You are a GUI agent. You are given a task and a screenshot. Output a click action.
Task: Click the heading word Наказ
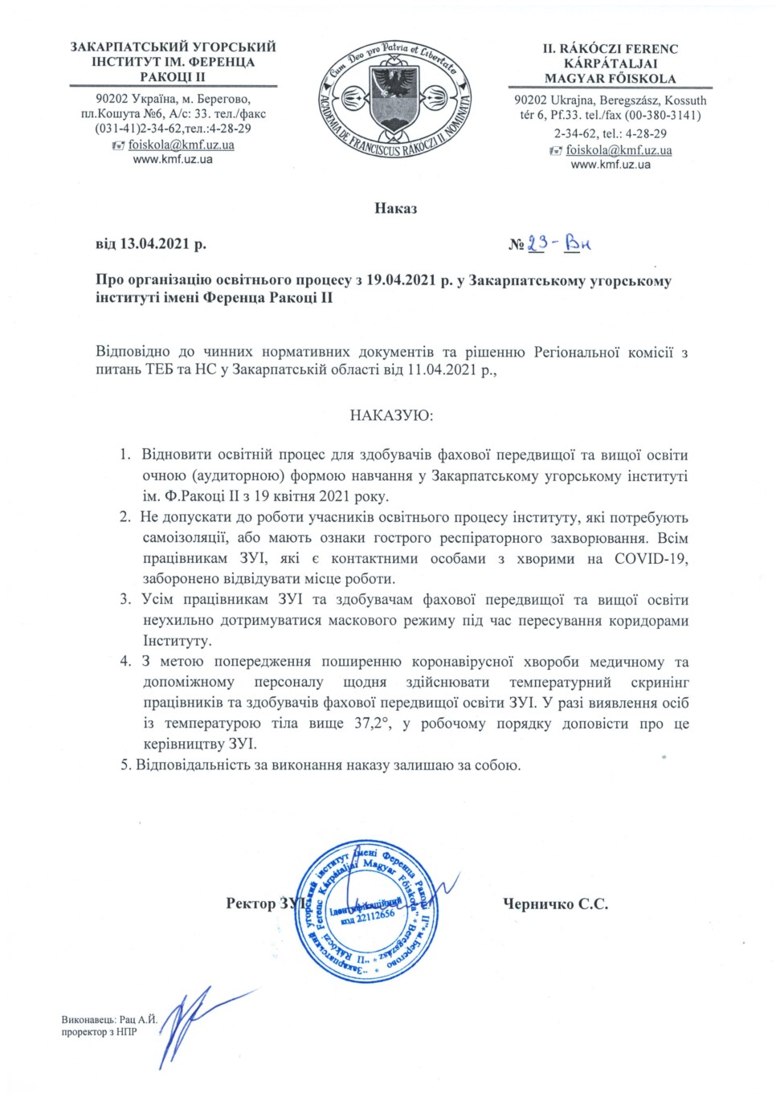[x=395, y=209]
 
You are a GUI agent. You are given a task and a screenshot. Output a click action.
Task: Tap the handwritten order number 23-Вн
[x=560, y=243]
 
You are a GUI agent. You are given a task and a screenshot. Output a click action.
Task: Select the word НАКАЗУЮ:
[x=391, y=416]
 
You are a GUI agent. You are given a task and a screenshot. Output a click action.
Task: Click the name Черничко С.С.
[x=555, y=904]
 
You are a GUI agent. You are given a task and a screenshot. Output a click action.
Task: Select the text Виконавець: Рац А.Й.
[x=109, y=1020]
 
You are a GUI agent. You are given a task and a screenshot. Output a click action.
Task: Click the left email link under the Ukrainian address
[x=181, y=145]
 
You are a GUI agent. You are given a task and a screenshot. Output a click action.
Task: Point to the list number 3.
[x=125, y=600]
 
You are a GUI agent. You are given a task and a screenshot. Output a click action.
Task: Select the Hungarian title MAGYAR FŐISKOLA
[x=610, y=79]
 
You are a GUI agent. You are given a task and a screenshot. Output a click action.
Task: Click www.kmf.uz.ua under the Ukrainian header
[x=173, y=159]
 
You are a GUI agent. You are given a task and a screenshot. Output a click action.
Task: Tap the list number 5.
[x=125, y=765]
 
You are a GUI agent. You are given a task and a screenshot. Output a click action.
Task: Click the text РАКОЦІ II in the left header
[x=173, y=77]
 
